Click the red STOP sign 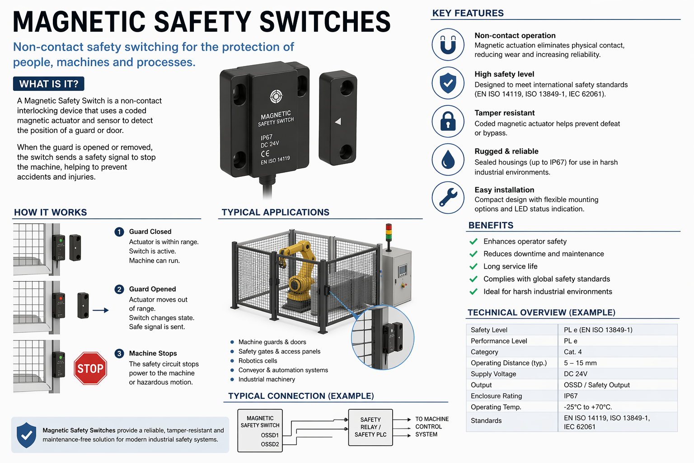point(90,368)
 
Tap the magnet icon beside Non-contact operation point(448,45)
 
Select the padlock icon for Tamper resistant point(448,121)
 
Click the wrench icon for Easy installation point(448,198)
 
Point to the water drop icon point(448,160)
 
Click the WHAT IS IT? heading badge point(49,84)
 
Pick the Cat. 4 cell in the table point(573,352)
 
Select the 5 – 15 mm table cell point(580,363)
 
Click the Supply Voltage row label point(493,373)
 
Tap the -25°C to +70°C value point(588,407)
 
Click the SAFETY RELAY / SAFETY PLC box point(370,427)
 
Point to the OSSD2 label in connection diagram point(270,444)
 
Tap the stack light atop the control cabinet point(389,232)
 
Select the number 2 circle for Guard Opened point(119,289)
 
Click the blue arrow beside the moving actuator point(101,310)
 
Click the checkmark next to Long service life point(474,266)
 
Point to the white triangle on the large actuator point(338,121)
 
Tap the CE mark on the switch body point(265,154)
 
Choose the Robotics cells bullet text point(258,361)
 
